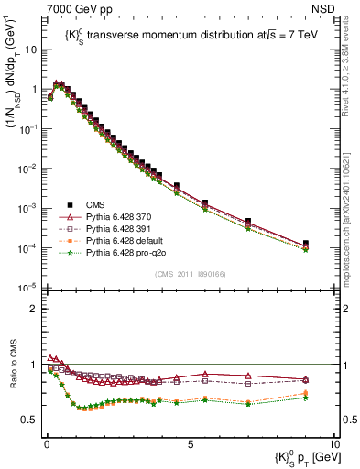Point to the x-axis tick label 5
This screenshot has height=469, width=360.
pos(190,442)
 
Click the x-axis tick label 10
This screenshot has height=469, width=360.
pos(334,442)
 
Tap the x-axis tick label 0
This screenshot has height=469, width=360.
pos(46,442)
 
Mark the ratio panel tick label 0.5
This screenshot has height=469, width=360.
pos(32,420)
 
